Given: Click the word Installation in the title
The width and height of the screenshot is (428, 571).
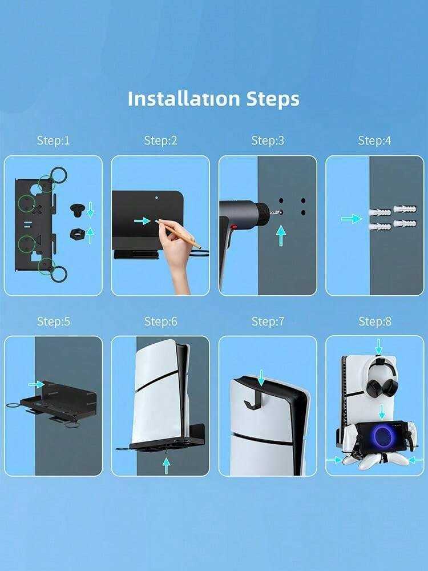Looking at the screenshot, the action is (184, 99).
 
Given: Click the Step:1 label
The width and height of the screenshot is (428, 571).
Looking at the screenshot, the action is (53, 140).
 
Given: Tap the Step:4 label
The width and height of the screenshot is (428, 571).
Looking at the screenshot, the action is (374, 140).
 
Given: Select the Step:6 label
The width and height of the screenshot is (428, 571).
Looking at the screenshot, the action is (160, 321).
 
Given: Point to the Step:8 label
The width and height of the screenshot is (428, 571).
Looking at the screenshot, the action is (375, 321).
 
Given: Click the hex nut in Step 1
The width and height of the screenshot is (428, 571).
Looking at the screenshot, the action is (77, 234).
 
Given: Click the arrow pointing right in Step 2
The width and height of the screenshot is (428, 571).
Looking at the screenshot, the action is (142, 220).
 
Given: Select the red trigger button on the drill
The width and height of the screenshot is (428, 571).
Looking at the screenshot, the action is (234, 227).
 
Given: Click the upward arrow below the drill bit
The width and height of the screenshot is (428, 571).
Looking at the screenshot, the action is (281, 235).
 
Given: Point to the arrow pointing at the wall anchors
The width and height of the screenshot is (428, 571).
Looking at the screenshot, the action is (352, 219).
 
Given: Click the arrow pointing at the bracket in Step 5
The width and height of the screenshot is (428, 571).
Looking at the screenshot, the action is (37, 384).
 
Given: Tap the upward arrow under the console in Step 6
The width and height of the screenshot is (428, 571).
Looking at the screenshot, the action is (166, 466).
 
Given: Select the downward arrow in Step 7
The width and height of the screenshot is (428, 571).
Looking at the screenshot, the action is (261, 377).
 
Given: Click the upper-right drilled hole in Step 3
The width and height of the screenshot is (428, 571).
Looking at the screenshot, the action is (303, 200).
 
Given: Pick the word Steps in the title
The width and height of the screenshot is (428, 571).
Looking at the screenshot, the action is (273, 99).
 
